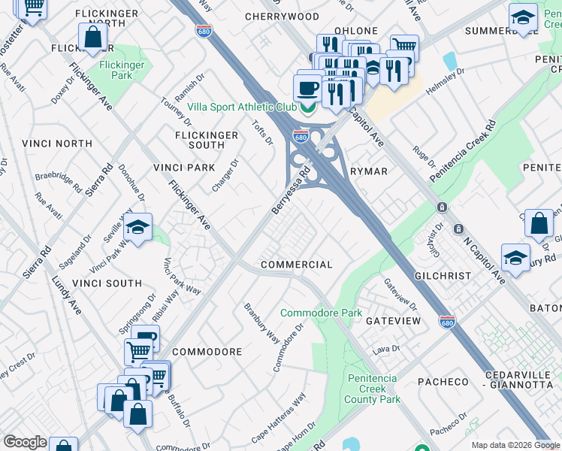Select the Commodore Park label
click(x=321, y=313)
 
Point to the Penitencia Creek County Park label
click(x=373, y=389)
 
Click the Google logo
click(x=25, y=442)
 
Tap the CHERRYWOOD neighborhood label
click(x=282, y=16)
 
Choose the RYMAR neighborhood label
click(x=369, y=171)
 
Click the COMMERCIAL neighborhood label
click(x=296, y=265)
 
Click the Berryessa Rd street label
click(x=292, y=191)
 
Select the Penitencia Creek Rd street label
click(x=463, y=150)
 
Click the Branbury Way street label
click(x=261, y=324)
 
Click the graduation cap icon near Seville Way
click(x=138, y=226)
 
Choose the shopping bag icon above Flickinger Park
click(x=92, y=37)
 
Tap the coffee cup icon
click(x=308, y=89)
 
